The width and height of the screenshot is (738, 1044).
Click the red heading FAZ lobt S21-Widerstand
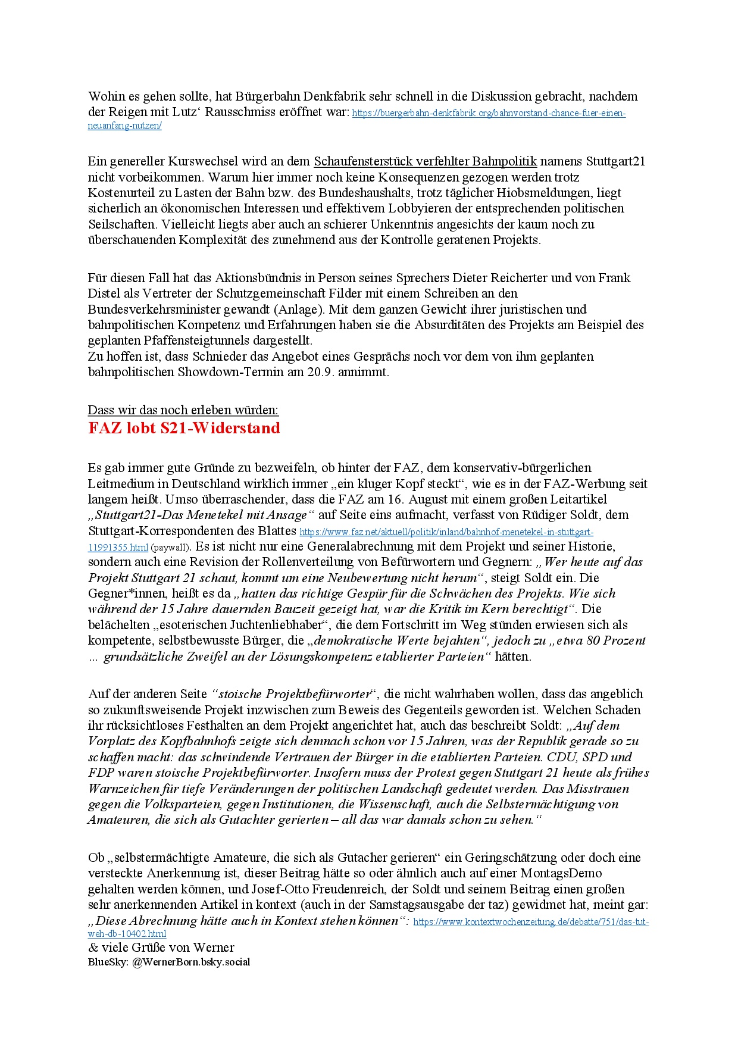coord(184,429)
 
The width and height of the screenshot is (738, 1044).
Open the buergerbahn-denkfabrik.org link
coord(488,113)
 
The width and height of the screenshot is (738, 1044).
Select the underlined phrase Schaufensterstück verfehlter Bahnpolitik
coord(425,161)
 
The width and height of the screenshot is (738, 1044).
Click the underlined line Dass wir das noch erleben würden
coord(183,410)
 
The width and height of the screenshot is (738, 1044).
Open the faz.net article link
coord(446,532)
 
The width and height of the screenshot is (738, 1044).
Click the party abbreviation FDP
coord(101,773)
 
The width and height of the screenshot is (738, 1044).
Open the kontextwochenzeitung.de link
coord(531,922)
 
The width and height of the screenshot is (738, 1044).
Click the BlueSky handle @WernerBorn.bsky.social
coord(191,962)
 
